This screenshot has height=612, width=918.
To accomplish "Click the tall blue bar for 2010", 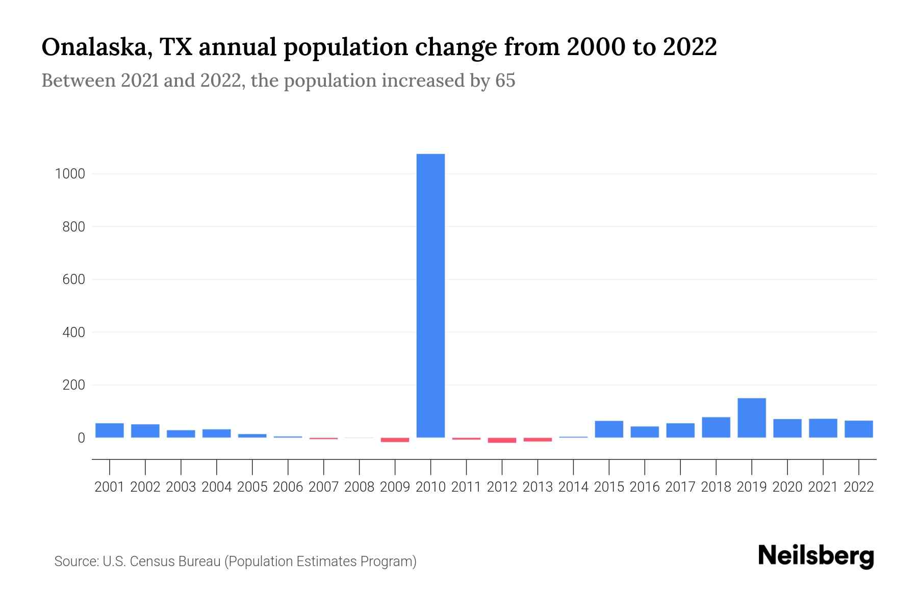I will click(x=430, y=296).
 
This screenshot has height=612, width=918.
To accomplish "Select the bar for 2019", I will click(x=752, y=418).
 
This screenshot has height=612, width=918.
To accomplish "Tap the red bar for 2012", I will click(x=502, y=440).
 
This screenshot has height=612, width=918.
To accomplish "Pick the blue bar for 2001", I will click(x=110, y=430).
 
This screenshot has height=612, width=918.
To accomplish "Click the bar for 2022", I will click(x=859, y=429).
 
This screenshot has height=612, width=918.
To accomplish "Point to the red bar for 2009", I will click(x=395, y=440).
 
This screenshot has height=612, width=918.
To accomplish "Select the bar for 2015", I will click(x=609, y=429).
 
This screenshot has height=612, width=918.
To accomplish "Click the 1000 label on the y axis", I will click(x=70, y=174).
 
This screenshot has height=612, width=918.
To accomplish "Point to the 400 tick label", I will click(x=73, y=333).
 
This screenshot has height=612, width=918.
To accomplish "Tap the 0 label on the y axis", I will click(x=81, y=438).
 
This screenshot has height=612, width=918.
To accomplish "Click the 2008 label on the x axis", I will click(x=359, y=487).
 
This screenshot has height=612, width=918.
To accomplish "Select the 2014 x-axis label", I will click(x=573, y=487).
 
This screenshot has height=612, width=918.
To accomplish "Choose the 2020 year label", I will click(x=787, y=487).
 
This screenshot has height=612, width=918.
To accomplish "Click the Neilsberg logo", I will click(x=816, y=556).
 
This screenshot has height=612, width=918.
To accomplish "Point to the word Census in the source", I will click(x=149, y=562).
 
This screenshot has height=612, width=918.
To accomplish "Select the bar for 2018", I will click(x=716, y=427).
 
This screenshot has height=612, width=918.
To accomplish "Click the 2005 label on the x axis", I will click(x=252, y=487).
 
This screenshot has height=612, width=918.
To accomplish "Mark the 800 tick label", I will click(x=73, y=227).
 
